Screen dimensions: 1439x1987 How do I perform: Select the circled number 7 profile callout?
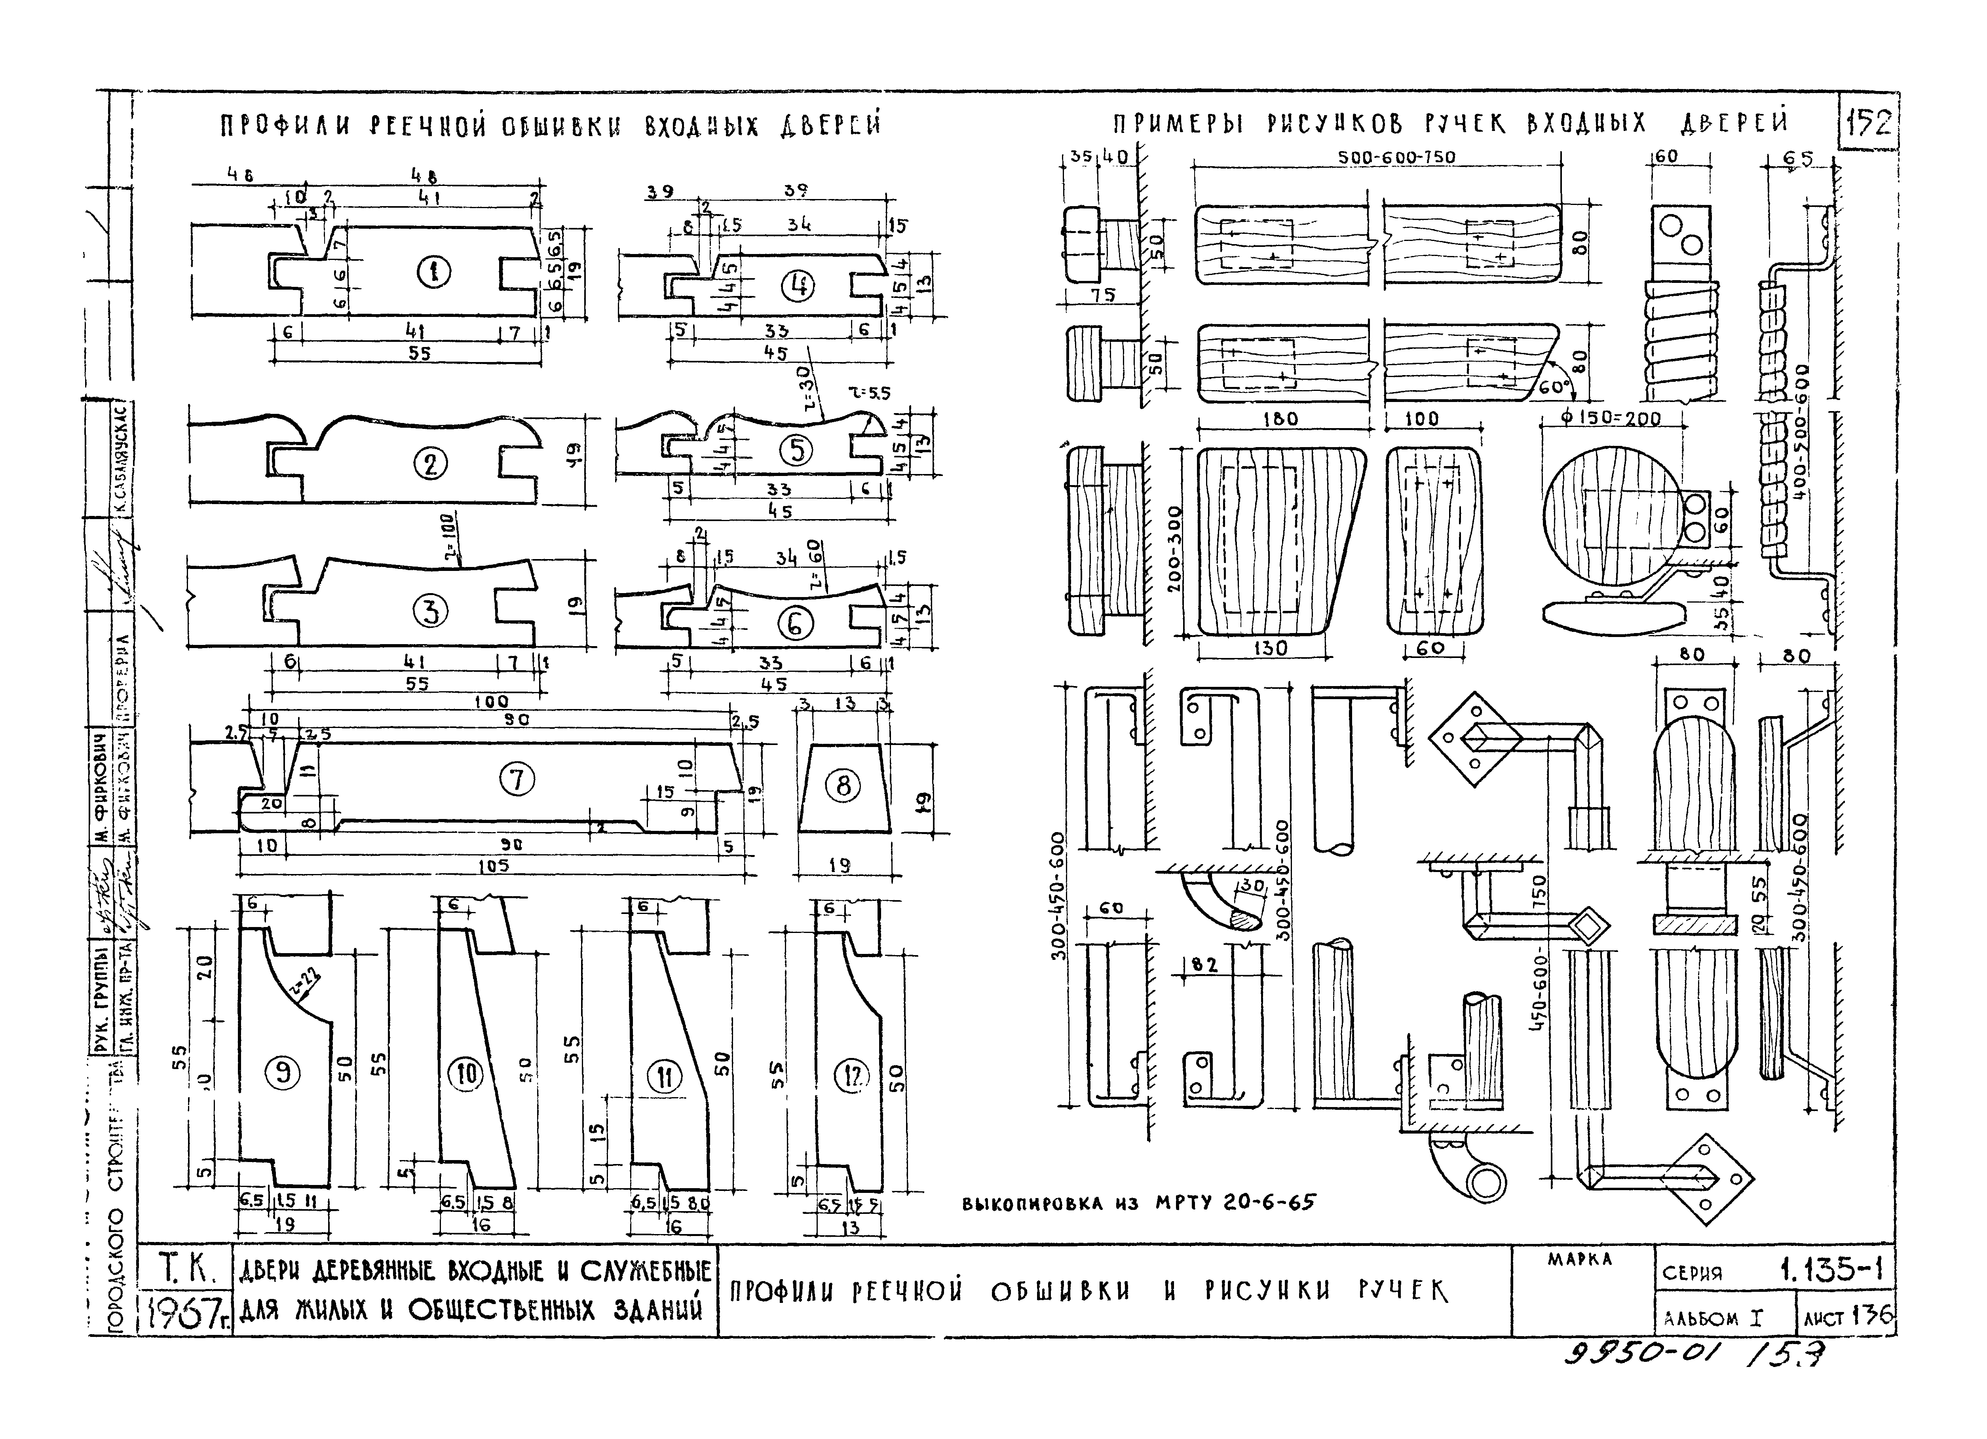click(517, 778)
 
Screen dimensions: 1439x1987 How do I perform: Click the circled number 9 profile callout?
click(282, 1073)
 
